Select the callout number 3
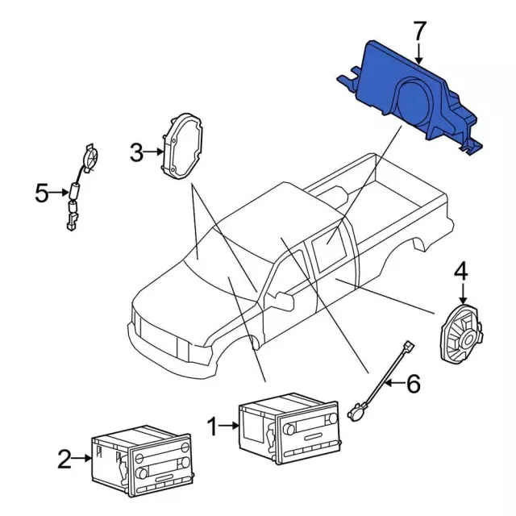click(137, 151)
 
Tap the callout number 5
click(43, 193)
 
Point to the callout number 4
click(461, 272)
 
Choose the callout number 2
click(64, 460)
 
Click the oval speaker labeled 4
click(460, 331)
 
